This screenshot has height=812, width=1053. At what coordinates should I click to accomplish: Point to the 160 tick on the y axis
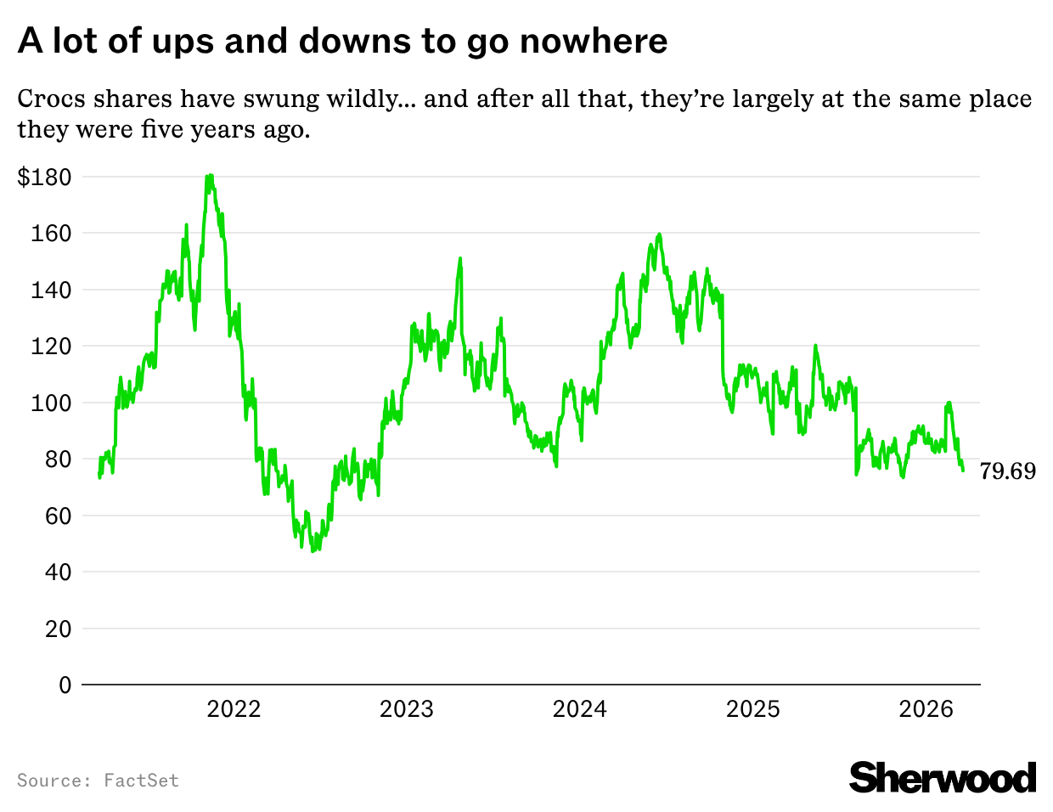tap(51, 234)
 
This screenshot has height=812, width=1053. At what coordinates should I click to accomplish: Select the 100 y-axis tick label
tap(51, 403)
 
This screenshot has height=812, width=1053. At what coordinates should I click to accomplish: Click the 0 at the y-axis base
tap(65, 685)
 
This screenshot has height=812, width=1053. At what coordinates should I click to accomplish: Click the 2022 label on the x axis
tap(234, 709)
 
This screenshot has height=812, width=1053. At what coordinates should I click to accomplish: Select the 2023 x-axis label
tap(407, 709)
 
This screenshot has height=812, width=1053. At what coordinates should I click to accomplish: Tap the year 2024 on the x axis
tap(580, 709)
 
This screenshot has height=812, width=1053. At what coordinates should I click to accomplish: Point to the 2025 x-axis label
tap(753, 709)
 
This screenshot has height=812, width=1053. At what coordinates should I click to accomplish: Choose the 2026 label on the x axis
tap(926, 709)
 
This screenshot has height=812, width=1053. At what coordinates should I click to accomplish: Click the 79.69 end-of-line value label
tap(1008, 471)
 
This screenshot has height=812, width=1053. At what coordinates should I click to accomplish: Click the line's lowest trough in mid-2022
tap(313, 550)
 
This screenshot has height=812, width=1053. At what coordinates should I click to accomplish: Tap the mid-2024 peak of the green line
tap(659, 234)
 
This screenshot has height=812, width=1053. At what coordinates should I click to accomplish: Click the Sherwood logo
tap(943, 778)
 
